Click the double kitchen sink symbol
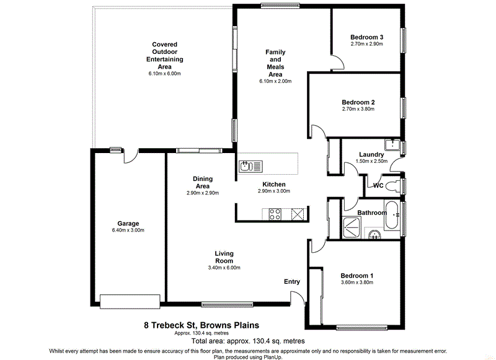click(x=251, y=166)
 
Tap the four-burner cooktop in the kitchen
click(x=275, y=214)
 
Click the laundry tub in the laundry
click(x=391, y=146)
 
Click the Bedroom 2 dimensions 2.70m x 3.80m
click(x=366, y=109)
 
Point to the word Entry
click(x=292, y=282)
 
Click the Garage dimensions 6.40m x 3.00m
click(x=128, y=230)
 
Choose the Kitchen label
click(x=273, y=185)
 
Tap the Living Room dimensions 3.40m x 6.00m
click(x=224, y=268)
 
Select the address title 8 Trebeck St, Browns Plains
click(x=201, y=325)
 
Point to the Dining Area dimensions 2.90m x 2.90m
click(x=202, y=193)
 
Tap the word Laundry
click(x=371, y=155)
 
